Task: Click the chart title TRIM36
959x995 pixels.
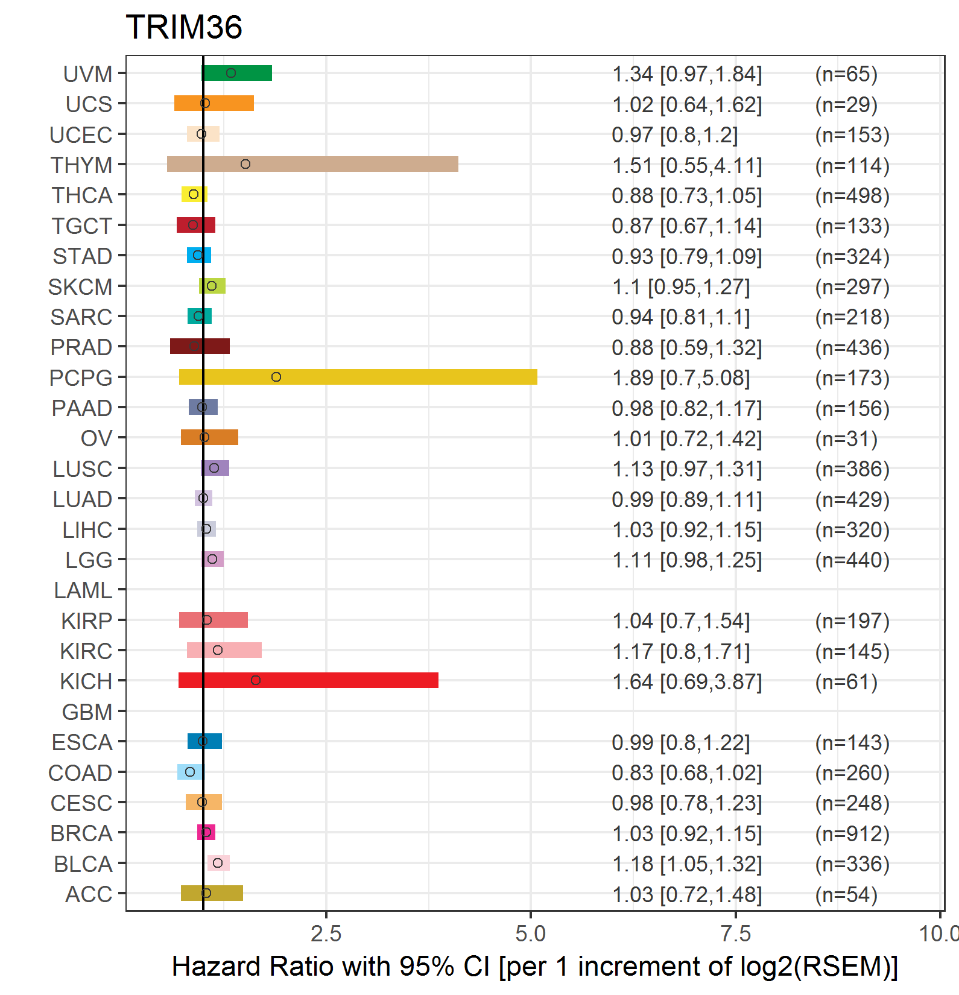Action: tap(184, 27)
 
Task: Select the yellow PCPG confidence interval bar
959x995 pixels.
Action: tap(358, 377)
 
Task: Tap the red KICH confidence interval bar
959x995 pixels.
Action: tap(308, 680)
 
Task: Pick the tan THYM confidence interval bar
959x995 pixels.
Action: tap(312, 164)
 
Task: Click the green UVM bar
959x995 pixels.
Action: tap(236, 73)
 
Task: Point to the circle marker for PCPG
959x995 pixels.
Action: tap(276, 377)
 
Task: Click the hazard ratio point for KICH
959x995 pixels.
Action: tap(256, 680)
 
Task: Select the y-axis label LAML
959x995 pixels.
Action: tap(83, 590)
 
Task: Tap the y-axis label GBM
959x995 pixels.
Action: tap(87, 712)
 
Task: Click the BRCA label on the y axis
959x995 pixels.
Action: tap(81, 833)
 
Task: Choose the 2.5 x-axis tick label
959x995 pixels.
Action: tap(326, 933)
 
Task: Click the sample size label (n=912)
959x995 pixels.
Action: tap(852, 833)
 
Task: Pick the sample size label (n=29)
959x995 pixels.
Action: tap(846, 104)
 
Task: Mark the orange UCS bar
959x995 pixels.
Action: tap(214, 103)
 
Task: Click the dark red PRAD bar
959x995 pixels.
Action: tap(200, 346)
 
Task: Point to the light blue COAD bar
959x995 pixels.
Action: tap(191, 772)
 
